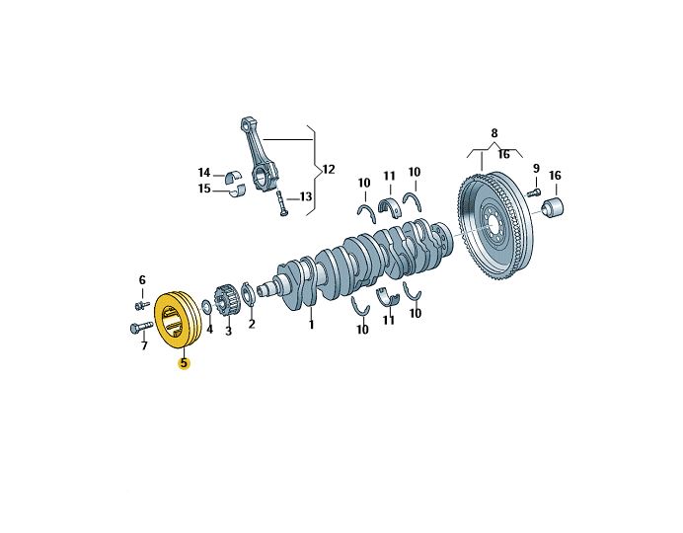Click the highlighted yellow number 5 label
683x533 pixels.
[184, 363]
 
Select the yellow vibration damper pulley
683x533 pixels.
[179, 319]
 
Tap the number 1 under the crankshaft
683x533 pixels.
[311, 325]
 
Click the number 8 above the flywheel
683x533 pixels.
[494, 132]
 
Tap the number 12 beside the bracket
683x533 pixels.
[329, 170]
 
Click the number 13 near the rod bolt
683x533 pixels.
[306, 197]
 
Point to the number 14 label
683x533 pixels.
[204, 173]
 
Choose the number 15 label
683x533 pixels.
[204, 189]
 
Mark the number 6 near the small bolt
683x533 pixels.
[142, 280]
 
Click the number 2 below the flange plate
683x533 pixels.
[251, 324]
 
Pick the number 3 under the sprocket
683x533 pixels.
[228, 331]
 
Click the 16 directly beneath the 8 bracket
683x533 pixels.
[503, 155]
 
